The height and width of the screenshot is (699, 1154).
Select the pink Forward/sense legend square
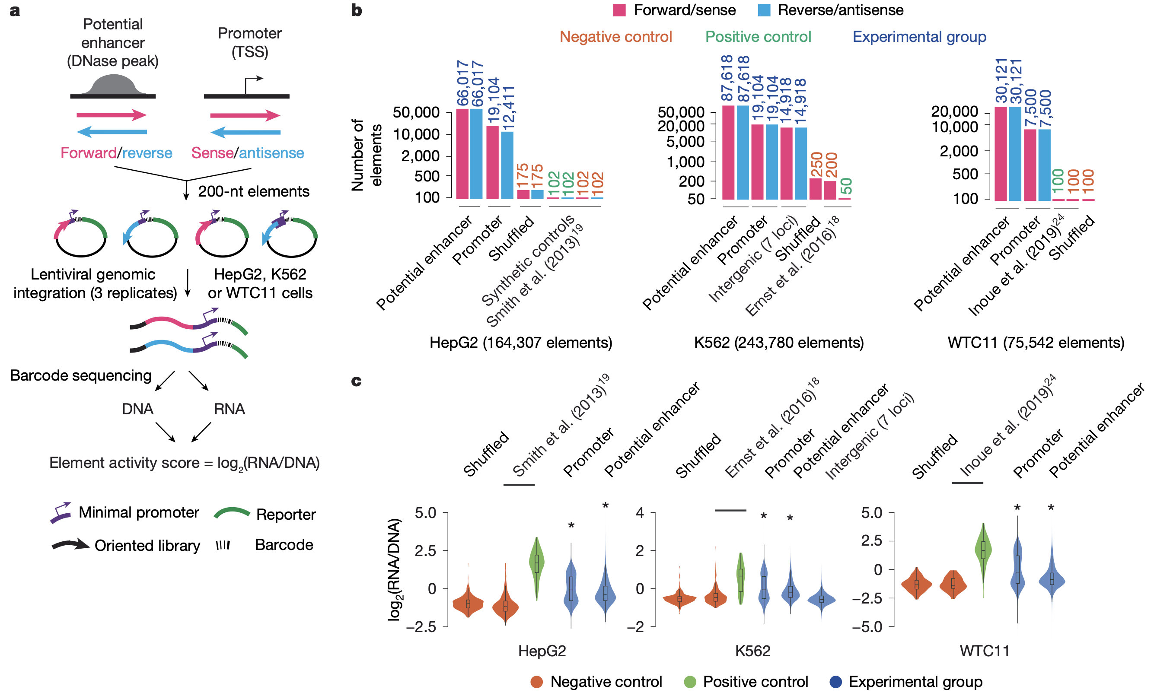coord(619,10)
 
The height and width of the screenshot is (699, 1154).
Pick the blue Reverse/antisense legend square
coord(764,10)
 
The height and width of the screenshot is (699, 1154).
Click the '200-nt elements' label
coord(253,191)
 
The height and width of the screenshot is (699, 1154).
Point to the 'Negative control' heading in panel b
coord(615,37)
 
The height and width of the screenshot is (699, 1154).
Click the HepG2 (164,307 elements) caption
coord(520,343)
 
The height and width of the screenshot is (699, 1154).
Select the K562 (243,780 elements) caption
coord(778,343)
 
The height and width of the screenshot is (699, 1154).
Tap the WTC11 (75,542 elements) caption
coord(1036,343)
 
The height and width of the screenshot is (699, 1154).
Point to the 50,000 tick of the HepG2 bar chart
coord(416,112)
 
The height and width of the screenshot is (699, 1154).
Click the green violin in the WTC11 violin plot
coord(983,550)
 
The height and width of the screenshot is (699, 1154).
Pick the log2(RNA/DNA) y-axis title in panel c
coord(395,569)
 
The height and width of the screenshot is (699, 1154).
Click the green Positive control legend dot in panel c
coord(690,682)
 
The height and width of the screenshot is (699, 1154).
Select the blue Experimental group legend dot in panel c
coord(835,682)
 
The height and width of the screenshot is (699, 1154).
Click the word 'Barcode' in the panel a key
coord(284,545)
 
